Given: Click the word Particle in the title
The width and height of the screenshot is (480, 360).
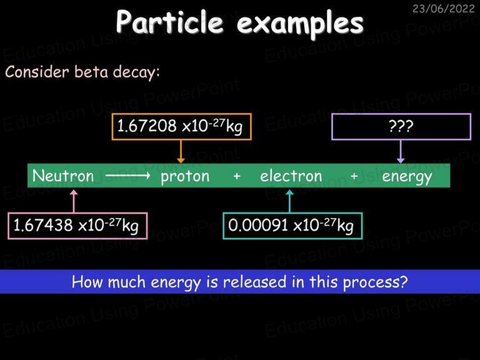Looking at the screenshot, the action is [x=169, y=21].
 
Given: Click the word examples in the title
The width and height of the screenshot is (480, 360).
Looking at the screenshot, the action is [x=300, y=24].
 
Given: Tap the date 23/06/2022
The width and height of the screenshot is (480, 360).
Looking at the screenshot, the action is [x=444, y=8].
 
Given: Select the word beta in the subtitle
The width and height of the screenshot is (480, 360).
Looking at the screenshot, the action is [x=91, y=72].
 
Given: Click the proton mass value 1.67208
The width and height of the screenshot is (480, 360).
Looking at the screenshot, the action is [x=147, y=126].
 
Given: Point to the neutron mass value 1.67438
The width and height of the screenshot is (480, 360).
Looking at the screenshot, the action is [x=43, y=225].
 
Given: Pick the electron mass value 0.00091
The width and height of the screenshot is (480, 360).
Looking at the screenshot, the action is [x=258, y=225].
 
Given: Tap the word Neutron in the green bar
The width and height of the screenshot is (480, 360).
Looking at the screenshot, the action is [x=63, y=176].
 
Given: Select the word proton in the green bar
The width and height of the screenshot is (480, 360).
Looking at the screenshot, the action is [x=185, y=177].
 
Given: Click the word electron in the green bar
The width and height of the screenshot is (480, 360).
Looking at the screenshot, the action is [x=291, y=176].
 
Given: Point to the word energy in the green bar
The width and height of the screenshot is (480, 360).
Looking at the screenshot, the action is [x=407, y=177].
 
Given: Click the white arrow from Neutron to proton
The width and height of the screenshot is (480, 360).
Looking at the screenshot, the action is [x=127, y=176].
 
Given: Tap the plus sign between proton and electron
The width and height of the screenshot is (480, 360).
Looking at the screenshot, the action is [x=237, y=176].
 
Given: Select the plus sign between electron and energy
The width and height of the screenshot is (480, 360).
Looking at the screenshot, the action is [x=354, y=176].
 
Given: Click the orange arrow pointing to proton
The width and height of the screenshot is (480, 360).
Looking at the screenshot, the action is [x=181, y=151].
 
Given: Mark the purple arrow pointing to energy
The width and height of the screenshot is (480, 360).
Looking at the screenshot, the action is [x=401, y=151].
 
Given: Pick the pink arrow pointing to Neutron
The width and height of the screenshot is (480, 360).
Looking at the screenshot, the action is [x=74, y=201].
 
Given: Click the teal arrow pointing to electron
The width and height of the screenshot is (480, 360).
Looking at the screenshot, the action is [x=289, y=201].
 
